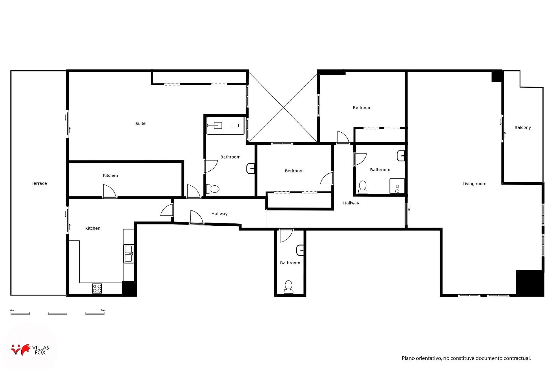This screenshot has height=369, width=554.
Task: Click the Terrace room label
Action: pos(39,183)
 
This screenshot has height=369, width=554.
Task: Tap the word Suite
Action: pos(140,123)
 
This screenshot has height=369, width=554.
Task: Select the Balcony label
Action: pos(523,127)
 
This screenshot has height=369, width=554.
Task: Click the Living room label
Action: pos(474,184)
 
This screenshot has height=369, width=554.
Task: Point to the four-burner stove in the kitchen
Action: pos(97,288)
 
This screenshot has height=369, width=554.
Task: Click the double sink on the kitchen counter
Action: pos(129,254)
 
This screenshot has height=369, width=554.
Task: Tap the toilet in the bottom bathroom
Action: pos(288,287)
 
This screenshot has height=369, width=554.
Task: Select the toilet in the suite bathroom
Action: pos(214,189)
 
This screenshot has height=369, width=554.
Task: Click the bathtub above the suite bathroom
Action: pos(225,125)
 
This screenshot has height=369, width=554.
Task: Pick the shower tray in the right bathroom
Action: pos(397,186)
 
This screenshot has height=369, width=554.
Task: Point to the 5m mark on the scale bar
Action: pos(103,311)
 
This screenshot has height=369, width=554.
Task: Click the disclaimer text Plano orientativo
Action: pos(466,358)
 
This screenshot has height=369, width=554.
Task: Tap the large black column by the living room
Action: pos(530,283)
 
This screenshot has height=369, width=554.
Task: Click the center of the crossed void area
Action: pos(283,107)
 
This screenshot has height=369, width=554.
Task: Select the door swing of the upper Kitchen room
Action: pos(110,191)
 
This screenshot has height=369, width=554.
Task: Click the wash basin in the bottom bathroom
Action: pos(300,250)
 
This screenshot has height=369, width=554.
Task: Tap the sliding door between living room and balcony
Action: pos(503,128)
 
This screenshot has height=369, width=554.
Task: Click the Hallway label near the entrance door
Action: pos(219,214)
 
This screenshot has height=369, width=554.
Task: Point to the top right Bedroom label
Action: pos(362,108)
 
